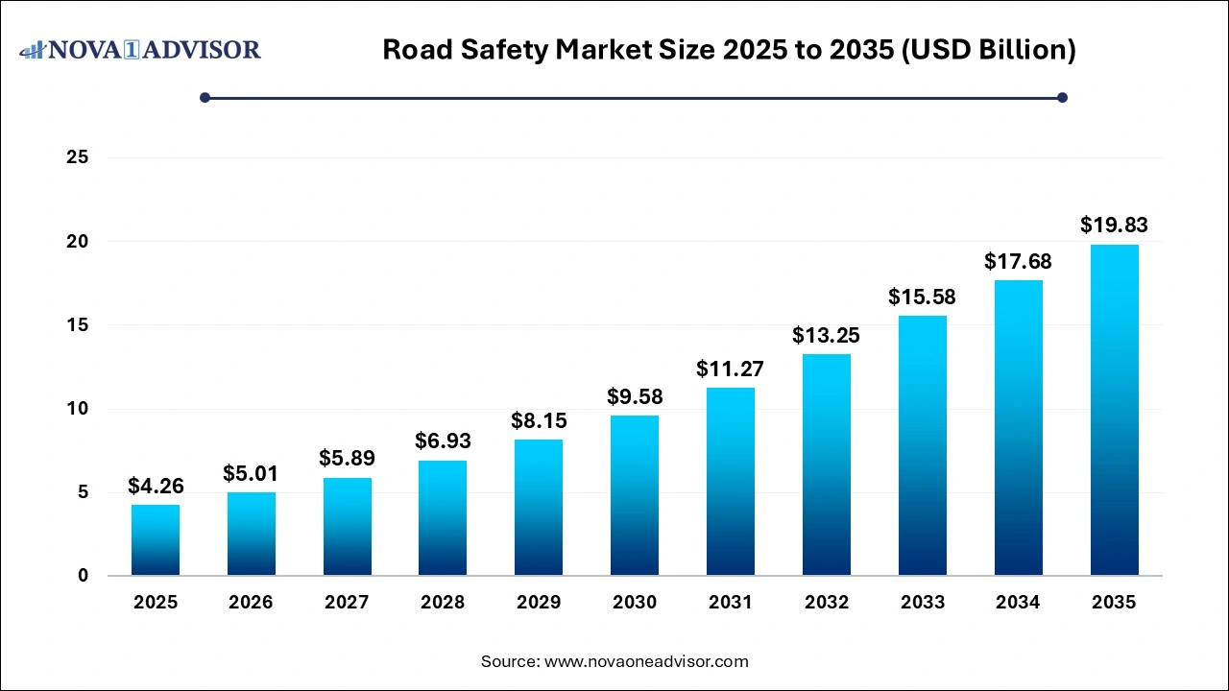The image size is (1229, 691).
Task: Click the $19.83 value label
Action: (x=1114, y=226)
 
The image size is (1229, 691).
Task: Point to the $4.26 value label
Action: (x=156, y=486)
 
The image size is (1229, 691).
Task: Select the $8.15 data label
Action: (x=539, y=420)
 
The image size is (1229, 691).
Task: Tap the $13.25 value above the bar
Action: (x=827, y=335)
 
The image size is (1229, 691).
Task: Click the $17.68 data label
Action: (x=1018, y=261)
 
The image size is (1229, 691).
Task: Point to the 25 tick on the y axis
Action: (x=77, y=157)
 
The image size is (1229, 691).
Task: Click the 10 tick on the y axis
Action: (x=77, y=409)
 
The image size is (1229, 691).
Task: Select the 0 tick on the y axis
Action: (x=83, y=576)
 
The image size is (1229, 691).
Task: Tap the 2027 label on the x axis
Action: (x=347, y=603)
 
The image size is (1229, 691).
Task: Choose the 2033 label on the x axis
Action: (x=923, y=603)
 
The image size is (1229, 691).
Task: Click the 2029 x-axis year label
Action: (x=539, y=603)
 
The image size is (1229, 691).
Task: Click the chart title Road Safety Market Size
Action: (x=729, y=50)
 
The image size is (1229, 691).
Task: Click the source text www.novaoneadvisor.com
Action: (x=614, y=661)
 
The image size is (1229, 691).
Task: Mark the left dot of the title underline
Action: (x=205, y=97)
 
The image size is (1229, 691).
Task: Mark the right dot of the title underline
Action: (x=1062, y=97)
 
